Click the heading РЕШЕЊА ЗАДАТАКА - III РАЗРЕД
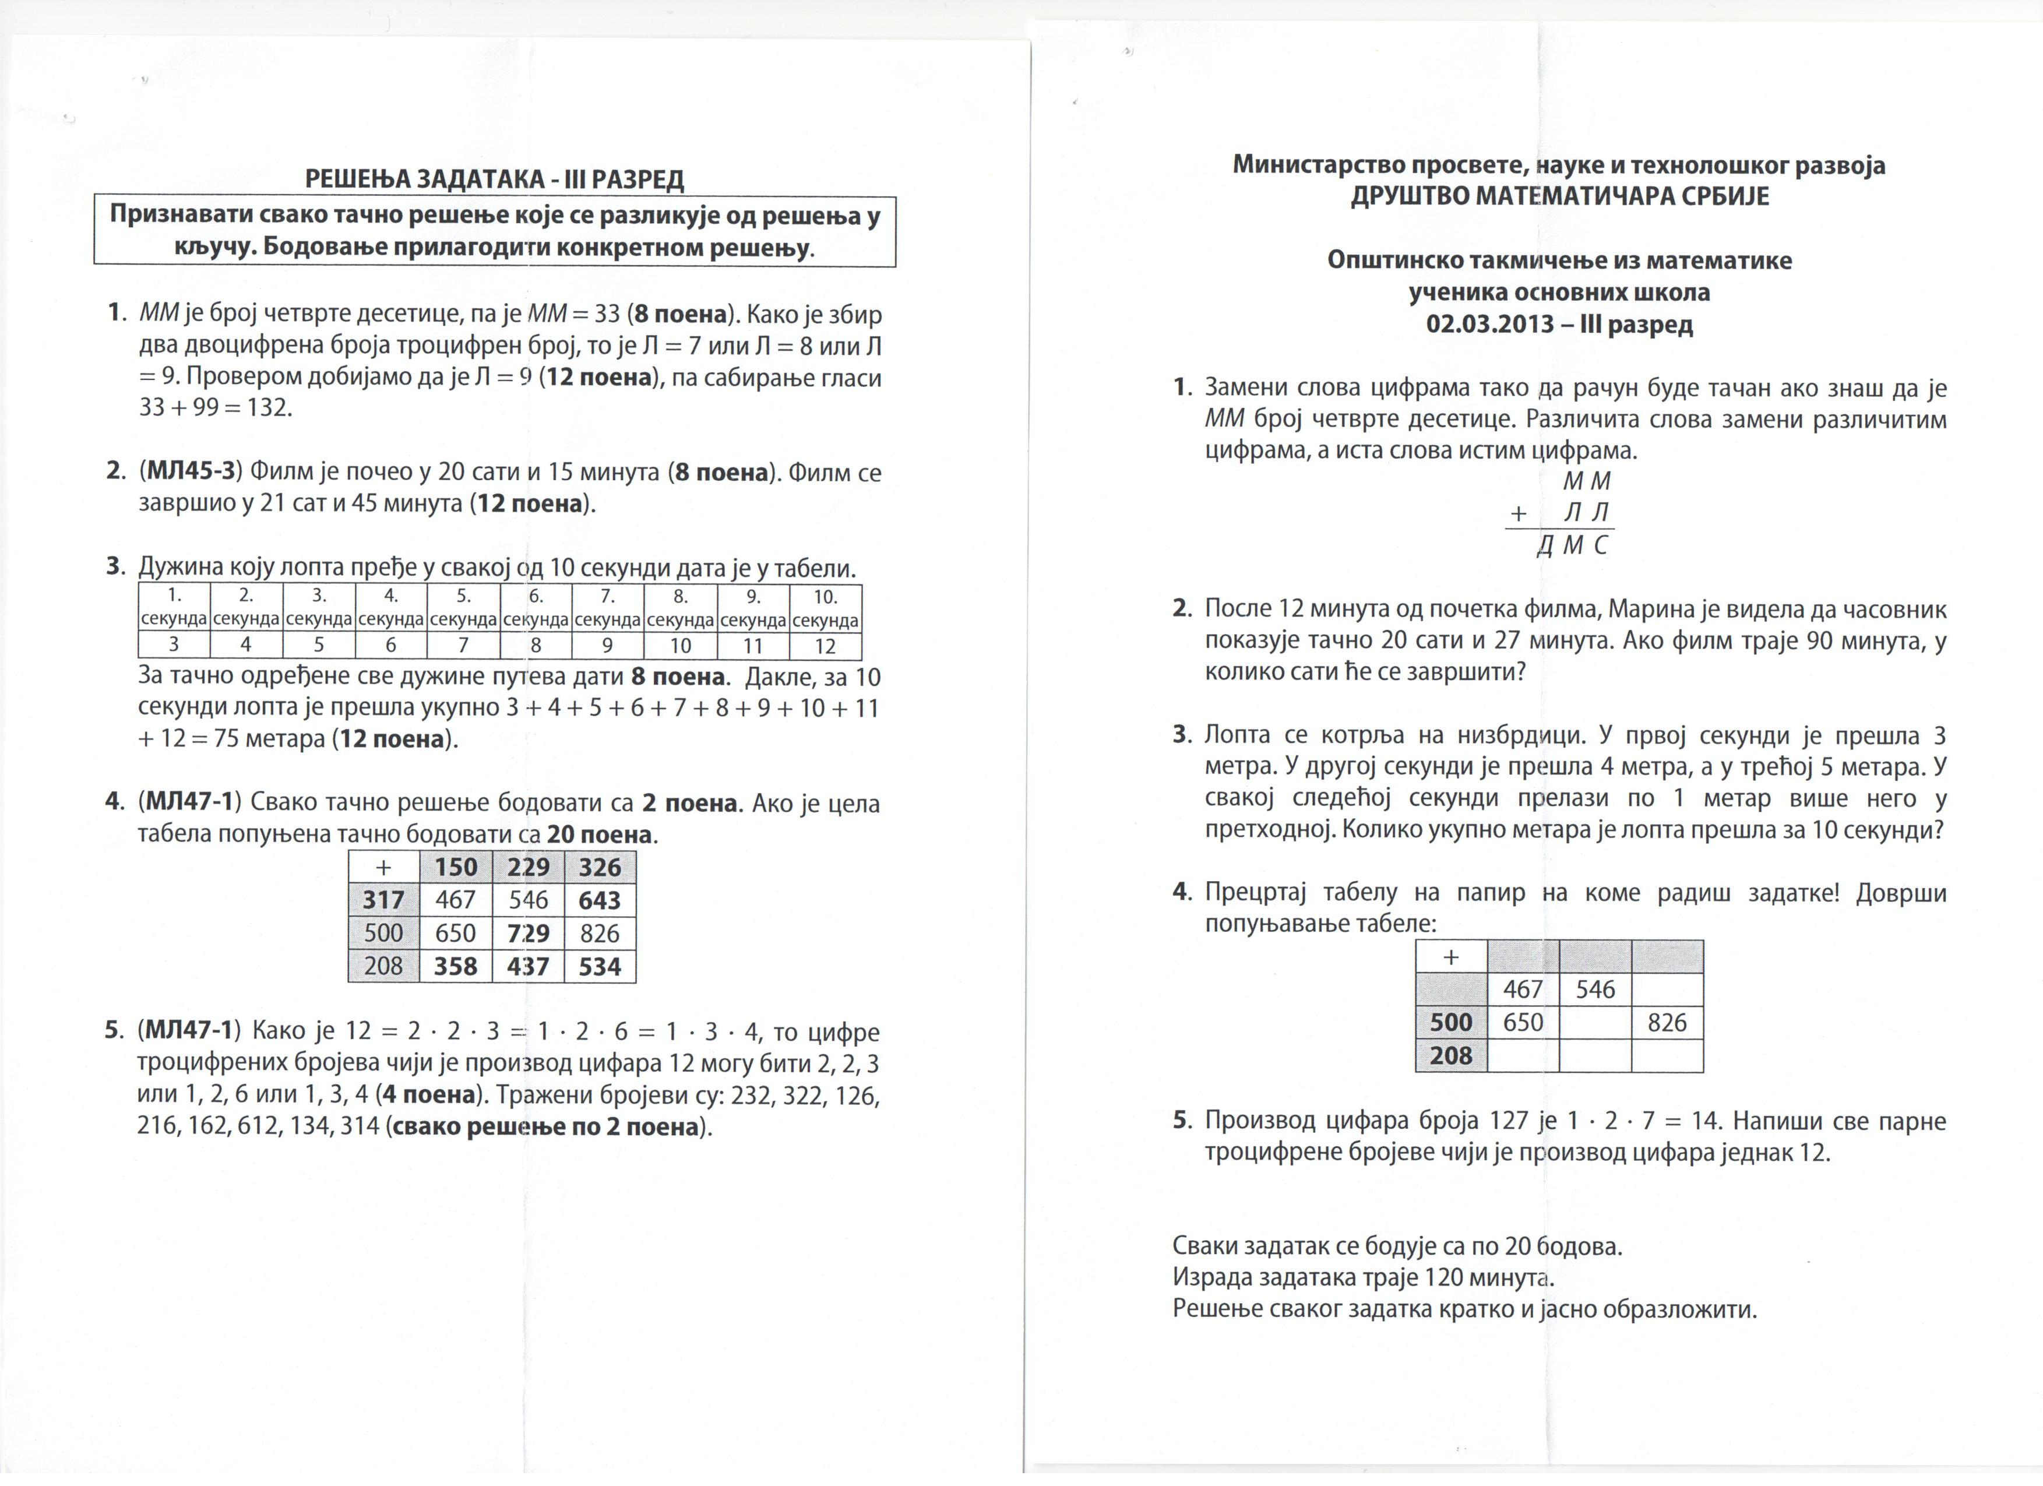click(495, 179)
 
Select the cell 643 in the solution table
click(600, 900)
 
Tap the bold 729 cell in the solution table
click(528, 933)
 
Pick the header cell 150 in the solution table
click(456, 867)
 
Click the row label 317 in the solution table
click(384, 900)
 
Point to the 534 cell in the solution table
click(600, 966)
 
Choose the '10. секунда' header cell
click(825, 608)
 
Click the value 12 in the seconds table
click(825, 646)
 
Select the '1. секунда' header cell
click(174, 608)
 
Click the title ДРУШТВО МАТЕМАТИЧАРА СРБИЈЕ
click(1559, 196)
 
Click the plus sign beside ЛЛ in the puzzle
click(1519, 513)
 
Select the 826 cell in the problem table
click(1667, 1022)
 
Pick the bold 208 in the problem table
click(1450, 1055)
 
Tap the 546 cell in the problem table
click(1595, 989)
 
